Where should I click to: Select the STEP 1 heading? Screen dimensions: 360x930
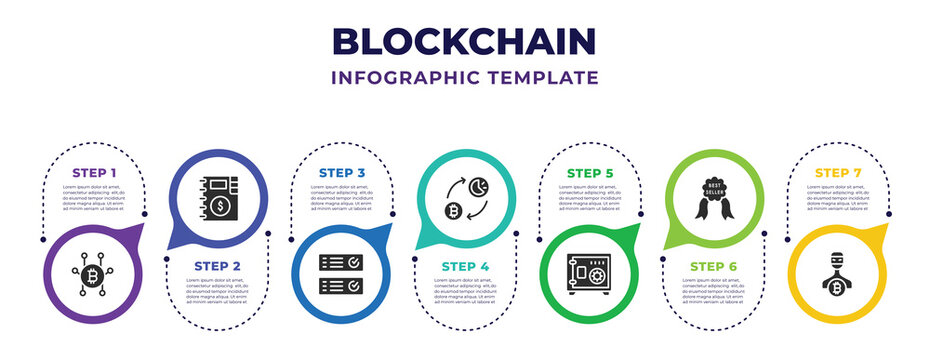pyautogui.click(x=94, y=173)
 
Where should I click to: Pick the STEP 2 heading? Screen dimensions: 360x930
pyautogui.click(x=217, y=265)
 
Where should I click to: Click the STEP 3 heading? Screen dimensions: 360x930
pyautogui.click(x=342, y=173)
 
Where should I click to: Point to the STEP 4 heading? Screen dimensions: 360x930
pyautogui.click(x=465, y=265)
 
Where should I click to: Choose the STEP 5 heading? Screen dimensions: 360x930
pyautogui.click(x=589, y=173)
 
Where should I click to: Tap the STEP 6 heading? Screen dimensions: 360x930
pyautogui.click(x=713, y=265)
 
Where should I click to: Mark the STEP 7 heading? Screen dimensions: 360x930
pyautogui.click(x=837, y=173)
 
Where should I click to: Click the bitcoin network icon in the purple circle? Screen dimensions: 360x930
pyautogui.click(x=94, y=272)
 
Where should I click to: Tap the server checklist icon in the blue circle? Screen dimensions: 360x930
pyautogui.click(x=342, y=272)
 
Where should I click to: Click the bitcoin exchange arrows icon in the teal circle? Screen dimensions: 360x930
pyautogui.click(x=465, y=198)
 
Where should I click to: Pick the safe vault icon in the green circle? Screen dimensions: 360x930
pyautogui.click(x=589, y=274)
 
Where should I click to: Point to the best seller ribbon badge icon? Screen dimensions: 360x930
pyautogui.click(x=713, y=198)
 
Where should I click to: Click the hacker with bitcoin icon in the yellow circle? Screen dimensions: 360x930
pyautogui.click(x=837, y=274)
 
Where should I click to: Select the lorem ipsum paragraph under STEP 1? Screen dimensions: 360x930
pyautogui.click(x=94, y=197)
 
